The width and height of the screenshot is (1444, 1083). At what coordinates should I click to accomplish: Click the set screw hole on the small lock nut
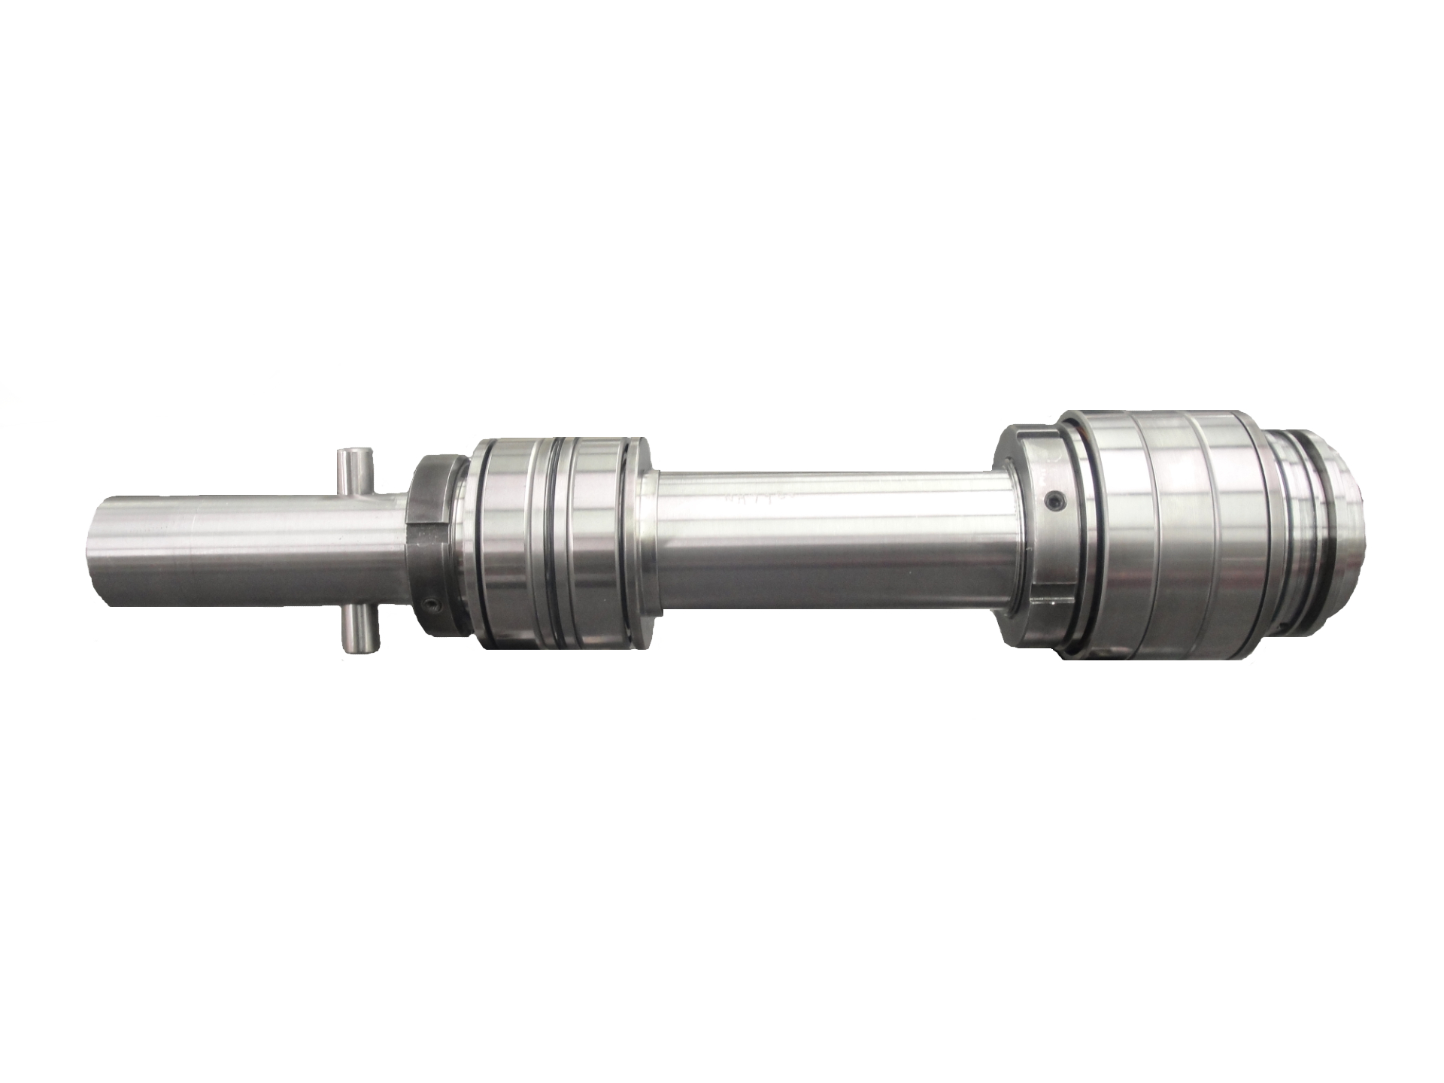pos(429,604)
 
